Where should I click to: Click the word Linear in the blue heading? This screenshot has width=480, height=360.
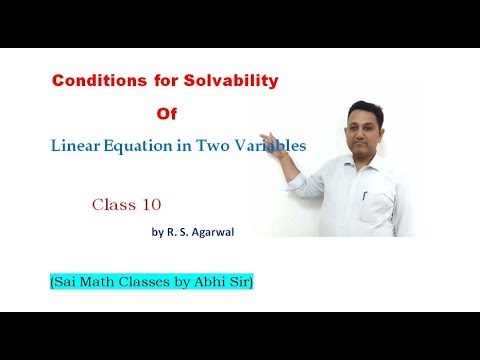pos(77,147)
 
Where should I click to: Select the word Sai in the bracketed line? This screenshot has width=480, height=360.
pos(64,285)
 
